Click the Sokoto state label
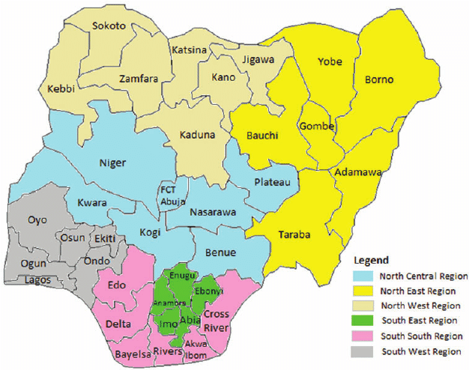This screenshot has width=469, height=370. [x=110, y=25]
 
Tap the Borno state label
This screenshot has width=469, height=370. [x=379, y=79]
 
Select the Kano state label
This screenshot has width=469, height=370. [x=223, y=77]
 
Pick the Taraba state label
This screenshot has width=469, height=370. [x=295, y=234]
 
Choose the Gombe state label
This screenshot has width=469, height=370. [x=316, y=126]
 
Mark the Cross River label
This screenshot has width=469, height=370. [x=217, y=319]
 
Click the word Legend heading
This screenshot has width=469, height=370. [x=372, y=261]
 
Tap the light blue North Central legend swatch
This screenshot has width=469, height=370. [x=366, y=276]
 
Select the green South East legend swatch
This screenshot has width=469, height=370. [x=366, y=321]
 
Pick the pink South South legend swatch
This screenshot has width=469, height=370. [x=366, y=336]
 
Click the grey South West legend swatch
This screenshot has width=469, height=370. [x=366, y=351]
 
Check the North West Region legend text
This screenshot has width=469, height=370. [x=423, y=306]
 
